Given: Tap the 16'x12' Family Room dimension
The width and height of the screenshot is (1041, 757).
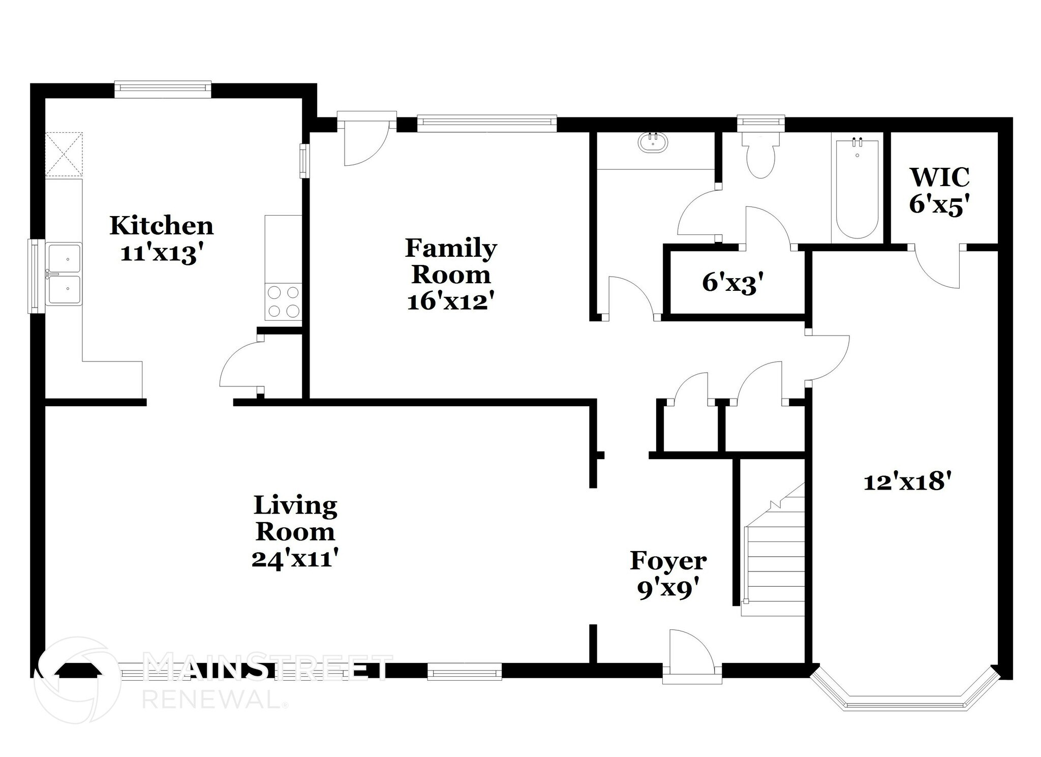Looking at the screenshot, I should [450, 302].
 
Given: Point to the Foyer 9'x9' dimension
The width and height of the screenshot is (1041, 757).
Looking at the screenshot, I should [667, 590].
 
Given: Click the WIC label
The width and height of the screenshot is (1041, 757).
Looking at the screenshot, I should [939, 177].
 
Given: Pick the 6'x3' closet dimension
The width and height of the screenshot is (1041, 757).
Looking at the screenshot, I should [733, 283].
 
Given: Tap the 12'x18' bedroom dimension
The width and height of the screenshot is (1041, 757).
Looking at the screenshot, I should [907, 481].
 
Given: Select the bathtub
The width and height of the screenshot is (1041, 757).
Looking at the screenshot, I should [857, 189].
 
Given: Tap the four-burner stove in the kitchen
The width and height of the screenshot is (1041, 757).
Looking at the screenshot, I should [283, 301].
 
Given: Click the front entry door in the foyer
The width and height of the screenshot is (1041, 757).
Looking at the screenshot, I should [691, 656].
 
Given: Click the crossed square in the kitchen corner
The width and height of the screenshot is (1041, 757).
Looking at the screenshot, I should [64, 155].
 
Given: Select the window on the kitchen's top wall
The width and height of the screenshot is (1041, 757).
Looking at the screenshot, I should [162, 89].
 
